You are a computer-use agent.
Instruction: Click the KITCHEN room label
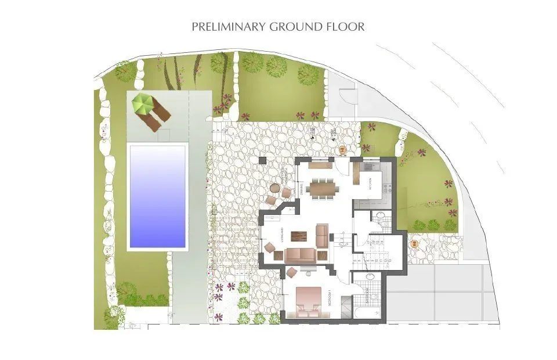(370, 183)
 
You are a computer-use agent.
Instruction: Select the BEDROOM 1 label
(328, 297)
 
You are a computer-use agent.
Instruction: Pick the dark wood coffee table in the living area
(299, 236)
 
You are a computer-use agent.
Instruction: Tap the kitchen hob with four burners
(386, 188)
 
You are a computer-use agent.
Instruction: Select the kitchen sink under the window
(370, 166)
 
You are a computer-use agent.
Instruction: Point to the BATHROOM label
(368, 298)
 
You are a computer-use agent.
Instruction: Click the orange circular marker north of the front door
(342, 150)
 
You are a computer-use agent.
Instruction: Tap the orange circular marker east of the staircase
(414, 244)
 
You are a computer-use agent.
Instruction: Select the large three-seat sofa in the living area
(299, 254)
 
